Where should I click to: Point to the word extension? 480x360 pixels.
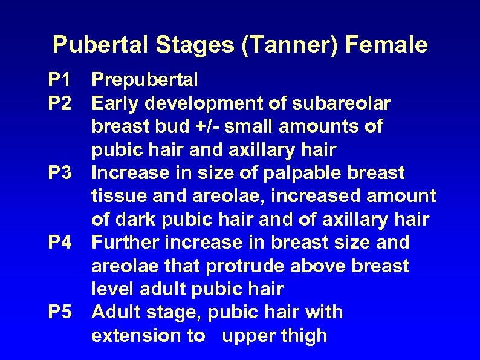pyautogui.click(x=132, y=336)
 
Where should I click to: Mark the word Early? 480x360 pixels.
pyautogui.click(x=115, y=103)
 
